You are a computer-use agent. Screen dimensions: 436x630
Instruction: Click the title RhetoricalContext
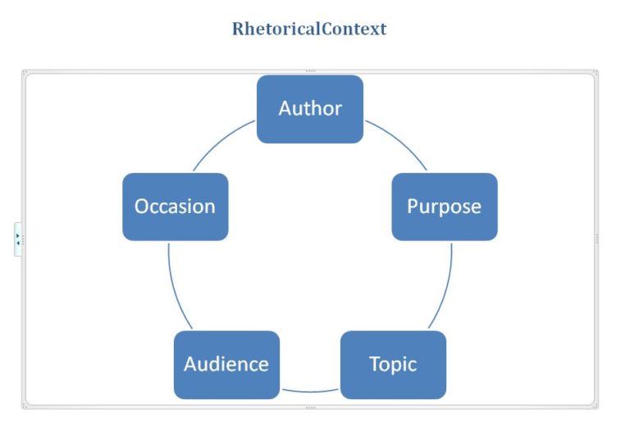[x=309, y=29]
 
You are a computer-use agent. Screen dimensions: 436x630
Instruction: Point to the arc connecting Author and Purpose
[x=399, y=140]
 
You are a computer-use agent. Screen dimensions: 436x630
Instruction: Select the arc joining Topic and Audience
[x=309, y=390]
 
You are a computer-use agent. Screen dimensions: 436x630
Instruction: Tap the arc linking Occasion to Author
[x=221, y=140]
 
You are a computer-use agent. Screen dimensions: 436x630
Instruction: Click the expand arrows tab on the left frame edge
[x=18, y=238]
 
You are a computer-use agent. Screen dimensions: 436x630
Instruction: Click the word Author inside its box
[x=310, y=108]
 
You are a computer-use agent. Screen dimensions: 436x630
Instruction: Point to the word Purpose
[x=444, y=206]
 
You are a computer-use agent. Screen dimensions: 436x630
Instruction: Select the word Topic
[x=393, y=364]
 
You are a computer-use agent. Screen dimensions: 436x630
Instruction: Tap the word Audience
[x=226, y=364]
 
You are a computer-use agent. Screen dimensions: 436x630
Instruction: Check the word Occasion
[x=175, y=206]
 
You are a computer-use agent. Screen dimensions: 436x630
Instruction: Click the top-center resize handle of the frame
[x=310, y=71]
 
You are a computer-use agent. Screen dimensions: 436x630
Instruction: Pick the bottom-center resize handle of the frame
[x=310, y=406]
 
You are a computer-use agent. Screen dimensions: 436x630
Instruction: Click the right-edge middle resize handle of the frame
[x=596, y=238]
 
